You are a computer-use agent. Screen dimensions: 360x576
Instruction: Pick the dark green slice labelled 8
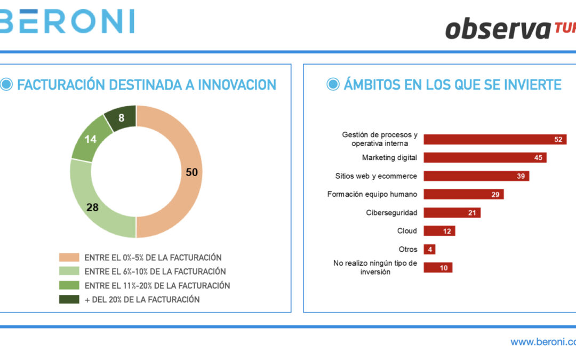121,118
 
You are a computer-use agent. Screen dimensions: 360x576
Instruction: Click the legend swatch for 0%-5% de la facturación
69,258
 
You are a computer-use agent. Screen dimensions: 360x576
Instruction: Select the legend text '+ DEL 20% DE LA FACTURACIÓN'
142,299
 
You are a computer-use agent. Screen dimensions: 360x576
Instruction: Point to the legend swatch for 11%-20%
69,285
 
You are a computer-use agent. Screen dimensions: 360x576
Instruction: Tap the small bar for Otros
429,249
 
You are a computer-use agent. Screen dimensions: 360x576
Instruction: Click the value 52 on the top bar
558,140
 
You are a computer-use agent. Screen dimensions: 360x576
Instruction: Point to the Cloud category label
407,231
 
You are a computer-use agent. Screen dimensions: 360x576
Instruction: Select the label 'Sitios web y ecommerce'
376,176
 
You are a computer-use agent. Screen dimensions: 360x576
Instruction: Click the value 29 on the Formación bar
495,195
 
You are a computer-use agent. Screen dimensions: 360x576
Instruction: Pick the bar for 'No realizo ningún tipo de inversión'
437,268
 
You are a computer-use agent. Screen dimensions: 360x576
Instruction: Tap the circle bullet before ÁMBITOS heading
333,84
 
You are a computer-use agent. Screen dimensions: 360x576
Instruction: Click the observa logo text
496,29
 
